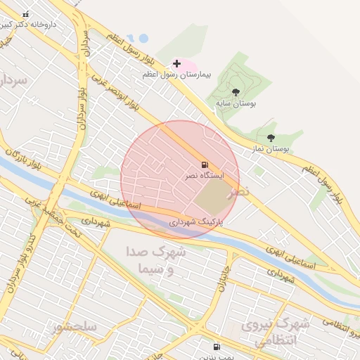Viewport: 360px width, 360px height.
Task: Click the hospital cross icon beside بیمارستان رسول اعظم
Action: click(176, 64)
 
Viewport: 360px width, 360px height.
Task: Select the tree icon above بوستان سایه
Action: click(236, 92)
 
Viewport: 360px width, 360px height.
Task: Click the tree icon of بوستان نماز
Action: click(271, 138)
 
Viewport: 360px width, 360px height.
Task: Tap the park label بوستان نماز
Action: click(271, 149)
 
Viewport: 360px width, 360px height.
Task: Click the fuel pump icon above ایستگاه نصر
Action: click(205, 165)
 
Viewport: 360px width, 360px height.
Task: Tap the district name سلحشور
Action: click(74, 326)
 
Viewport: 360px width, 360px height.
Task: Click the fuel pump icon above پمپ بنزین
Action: click(216, 347)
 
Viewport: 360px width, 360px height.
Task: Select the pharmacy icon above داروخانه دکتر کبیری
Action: click(26, 14)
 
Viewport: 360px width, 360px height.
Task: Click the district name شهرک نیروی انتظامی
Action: click(275, 333)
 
